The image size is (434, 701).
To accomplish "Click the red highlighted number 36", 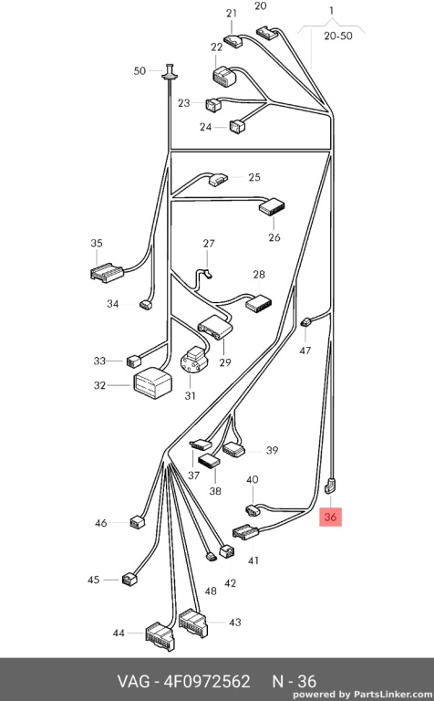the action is point(330,517).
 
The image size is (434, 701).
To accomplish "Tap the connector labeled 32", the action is point(152,383).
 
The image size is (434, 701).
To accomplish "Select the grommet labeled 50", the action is point(170,73).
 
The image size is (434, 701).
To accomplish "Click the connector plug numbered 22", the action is point(224,76).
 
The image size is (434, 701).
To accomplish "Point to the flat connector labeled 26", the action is point(272,207).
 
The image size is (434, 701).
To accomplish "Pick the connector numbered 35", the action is point(108,273).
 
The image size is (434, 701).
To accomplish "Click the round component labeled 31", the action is point(194,360).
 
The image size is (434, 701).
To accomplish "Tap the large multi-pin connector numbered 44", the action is point(160,636).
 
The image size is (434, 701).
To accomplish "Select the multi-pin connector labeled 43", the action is point(193,623).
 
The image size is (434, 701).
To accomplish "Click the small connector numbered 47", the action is point(305,321).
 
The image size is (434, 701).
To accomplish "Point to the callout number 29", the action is point(225,362).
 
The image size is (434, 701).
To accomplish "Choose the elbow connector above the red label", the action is point(331,486).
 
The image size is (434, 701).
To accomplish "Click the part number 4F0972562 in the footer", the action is point(207,681).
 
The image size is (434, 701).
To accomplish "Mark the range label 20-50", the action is point(338,37).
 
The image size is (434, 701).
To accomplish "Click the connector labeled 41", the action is point(245,532).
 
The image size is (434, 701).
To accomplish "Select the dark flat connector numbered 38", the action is point(209,461).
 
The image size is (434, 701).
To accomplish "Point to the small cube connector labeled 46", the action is point(137,522).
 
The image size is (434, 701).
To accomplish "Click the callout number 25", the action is point(254,177).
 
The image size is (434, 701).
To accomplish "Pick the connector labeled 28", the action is point(258,303).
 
